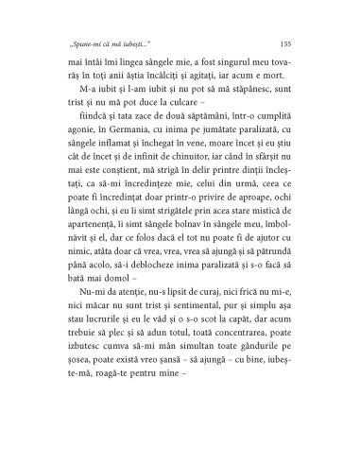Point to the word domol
(117, 323)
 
